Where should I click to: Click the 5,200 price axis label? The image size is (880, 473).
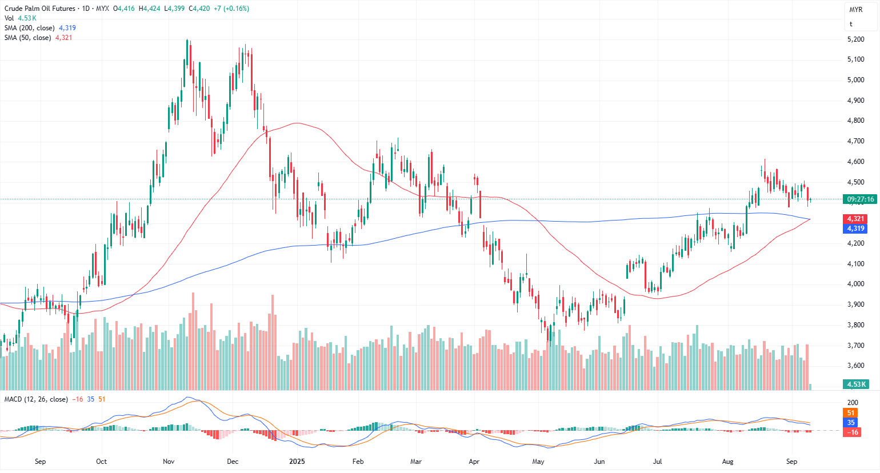tap(855, 39)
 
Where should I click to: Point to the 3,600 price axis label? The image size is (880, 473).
tap(855, 366)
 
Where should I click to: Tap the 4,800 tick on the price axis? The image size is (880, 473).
tap(855, 121)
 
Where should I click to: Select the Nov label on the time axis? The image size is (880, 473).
tap(169, 462)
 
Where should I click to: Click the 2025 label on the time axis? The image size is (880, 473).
tap(297, 462)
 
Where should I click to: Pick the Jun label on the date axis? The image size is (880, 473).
tap(599, 462)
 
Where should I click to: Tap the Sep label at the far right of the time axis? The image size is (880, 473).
tap(791, 462)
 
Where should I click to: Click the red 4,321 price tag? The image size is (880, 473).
tap(855, 219)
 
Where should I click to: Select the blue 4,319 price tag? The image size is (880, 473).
tap(855, 229)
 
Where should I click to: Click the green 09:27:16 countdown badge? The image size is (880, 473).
tap(860, 199)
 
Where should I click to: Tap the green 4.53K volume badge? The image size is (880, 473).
tap(857, 384)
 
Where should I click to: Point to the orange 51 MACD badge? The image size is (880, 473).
tap(851, 413)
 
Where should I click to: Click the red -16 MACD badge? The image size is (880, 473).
tap(851, 432)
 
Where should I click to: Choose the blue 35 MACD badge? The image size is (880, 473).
tap(851, 423)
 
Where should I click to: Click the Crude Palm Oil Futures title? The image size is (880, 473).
tap(39, 9)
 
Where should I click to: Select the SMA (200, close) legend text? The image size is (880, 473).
tap(30, 28)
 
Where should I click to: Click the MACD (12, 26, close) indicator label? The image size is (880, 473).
tap(36, 399)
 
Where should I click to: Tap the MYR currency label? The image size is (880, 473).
tap(855, 10)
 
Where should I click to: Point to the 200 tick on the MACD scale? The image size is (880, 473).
tap(853, 403)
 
